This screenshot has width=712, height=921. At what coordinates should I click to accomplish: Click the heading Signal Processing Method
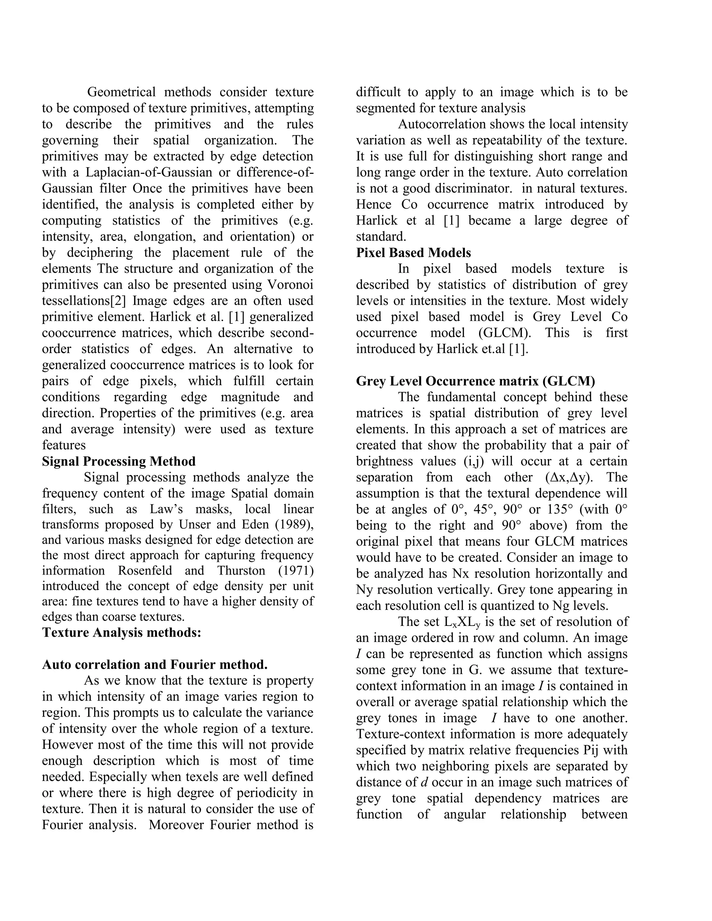(x=119, y=461)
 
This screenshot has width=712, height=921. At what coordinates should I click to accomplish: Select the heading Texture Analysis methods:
(x=121, y=633)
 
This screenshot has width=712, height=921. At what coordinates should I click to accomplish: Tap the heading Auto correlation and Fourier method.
(x=155, y=665)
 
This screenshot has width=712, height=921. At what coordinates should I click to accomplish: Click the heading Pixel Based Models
(x=413, y=253)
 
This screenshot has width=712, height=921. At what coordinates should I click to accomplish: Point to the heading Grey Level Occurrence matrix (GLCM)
(x=475, y=381)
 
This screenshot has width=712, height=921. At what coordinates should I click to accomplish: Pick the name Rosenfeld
(x=145, y=571)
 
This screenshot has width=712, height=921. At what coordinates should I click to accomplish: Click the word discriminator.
(x=474, y=188)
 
